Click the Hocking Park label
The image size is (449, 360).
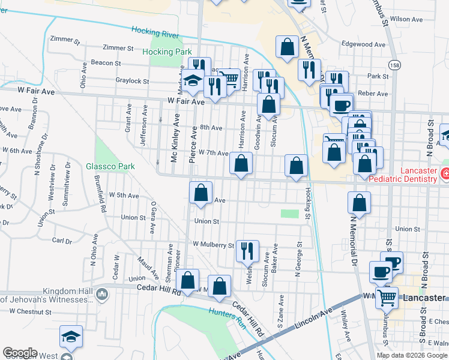coord(167,52)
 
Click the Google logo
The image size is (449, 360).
coord(20,353)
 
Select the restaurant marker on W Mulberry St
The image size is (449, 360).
coord(246,250)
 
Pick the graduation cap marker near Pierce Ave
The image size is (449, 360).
coord(193,81)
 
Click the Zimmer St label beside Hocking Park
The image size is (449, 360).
coord(118,47)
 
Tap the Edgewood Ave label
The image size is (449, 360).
coord(363,44)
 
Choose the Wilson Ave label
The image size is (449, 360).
coord(403,19)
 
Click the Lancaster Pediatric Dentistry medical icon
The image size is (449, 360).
coord(445,175)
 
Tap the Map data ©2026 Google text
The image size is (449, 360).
coord(412,355)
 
